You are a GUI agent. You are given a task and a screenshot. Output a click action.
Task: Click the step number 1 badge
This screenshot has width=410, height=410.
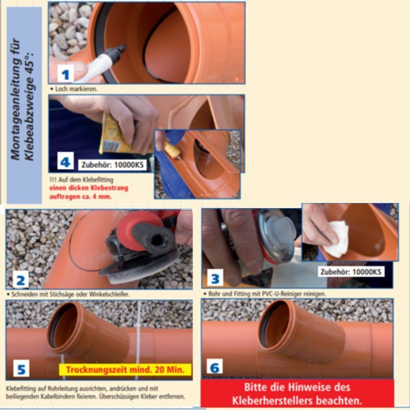65,74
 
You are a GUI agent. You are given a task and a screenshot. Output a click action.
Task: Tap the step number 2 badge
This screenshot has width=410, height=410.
20,280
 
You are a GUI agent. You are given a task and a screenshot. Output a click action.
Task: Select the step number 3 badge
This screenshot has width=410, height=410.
215,278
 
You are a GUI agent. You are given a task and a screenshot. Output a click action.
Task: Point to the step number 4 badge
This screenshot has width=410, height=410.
66,162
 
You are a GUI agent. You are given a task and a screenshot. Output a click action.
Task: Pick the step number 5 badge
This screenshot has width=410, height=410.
21,368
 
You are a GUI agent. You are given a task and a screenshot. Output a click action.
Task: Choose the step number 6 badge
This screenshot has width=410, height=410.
214,366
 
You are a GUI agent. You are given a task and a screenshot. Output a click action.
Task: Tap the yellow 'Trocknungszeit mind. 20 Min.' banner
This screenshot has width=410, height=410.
125,370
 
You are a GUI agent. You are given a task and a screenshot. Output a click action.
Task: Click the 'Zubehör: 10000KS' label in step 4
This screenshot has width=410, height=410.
112,165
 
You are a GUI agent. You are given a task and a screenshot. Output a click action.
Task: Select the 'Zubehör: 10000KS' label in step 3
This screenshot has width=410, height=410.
351,272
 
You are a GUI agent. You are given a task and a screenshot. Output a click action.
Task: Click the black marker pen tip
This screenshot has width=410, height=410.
121,50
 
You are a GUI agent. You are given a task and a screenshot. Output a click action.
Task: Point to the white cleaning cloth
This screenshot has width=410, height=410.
336,239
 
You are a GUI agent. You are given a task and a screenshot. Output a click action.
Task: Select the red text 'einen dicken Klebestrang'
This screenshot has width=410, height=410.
89,188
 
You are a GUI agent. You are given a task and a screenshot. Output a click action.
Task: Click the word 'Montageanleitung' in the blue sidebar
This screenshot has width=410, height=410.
15,99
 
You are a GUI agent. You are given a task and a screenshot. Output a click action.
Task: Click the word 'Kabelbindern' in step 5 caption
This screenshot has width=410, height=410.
57,397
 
